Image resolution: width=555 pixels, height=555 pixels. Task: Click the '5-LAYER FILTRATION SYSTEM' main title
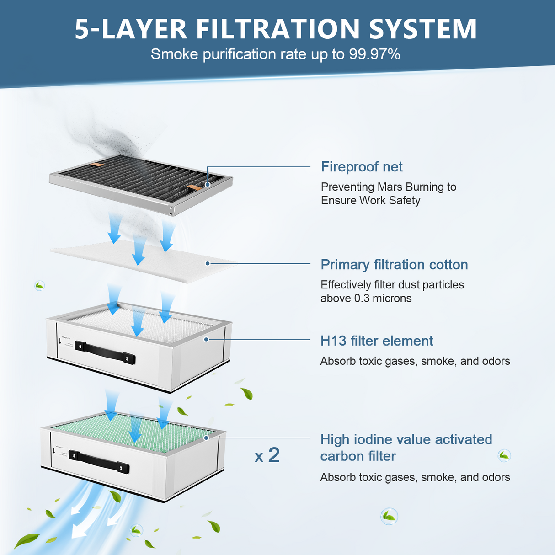click(276, 29)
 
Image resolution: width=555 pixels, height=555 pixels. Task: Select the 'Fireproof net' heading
click(362, 167)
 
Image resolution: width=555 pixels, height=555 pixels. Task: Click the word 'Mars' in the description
click(390, 187)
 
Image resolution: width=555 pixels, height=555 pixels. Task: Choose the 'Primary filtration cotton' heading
click(394, 265)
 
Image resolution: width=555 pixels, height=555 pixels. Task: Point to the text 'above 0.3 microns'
click(366, 299)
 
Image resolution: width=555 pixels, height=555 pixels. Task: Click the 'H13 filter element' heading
click(377, 341)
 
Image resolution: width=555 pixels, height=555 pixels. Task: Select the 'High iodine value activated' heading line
click(406, 439)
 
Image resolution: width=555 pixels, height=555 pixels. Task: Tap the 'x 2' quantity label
click(267, 455)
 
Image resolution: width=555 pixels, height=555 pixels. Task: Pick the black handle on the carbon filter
click(98, 461)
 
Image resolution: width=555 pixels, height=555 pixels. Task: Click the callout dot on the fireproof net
click(208, 185)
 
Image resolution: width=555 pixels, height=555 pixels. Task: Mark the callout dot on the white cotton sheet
click(208, 263)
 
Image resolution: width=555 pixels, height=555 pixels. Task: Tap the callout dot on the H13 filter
click(206, 339)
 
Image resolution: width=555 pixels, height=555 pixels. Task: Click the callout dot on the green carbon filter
click(206, 438)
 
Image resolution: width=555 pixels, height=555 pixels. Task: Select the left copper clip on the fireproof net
click(98, 164)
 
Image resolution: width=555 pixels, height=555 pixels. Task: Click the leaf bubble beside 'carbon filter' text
click(504, 455)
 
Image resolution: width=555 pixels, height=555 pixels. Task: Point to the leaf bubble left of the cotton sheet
click(40, 286)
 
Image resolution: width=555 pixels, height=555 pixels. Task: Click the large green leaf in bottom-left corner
click(27, 540)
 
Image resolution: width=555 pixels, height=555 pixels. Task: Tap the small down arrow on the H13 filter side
click(60, 341)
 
